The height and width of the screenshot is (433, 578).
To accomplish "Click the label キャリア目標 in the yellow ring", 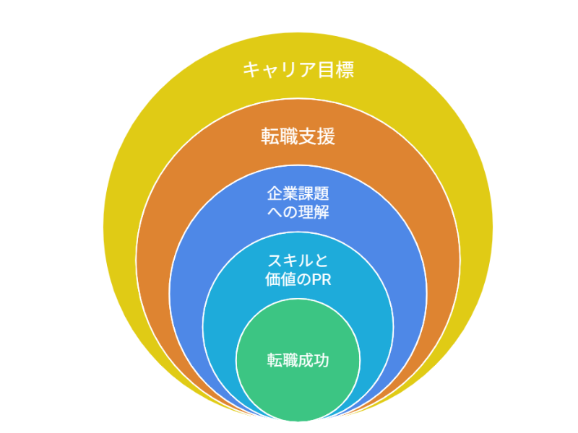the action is (x=298, y=69).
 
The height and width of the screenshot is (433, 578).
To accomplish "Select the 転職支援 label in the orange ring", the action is (x=298, y=136).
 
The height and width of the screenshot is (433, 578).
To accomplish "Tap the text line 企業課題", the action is (x=298, y=193).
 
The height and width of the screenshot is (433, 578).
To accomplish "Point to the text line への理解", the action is (x=298, y=212).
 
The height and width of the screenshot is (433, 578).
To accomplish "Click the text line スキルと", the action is (x=298, y=261).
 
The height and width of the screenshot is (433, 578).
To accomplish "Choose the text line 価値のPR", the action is (x=298, y=279).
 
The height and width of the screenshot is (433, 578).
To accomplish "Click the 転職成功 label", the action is (x=298, y=360).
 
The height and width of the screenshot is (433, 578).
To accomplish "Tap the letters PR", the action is (x=322, y=280).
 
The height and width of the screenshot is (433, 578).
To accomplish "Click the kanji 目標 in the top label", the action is (x=336, y=69).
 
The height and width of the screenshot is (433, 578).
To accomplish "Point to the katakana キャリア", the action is (x=280, y=69).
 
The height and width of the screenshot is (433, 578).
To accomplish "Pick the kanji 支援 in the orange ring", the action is (x=316, y=136).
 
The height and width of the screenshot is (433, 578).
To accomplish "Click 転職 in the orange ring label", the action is (x=280, y=136).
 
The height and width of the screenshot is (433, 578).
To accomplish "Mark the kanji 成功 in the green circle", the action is (x=314, y=360).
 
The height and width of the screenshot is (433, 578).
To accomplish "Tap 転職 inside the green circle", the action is (x=282, y=360).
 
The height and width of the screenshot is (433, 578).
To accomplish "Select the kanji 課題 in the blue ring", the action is (x=314, y=193).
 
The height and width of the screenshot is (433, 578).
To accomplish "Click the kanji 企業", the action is (x=282, y=193).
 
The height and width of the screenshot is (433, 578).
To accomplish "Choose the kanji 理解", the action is (x=314, y=212).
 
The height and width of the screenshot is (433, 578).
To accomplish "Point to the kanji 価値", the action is (x=280, y=279).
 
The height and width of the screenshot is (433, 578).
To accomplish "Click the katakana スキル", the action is (x=290, y=261).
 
